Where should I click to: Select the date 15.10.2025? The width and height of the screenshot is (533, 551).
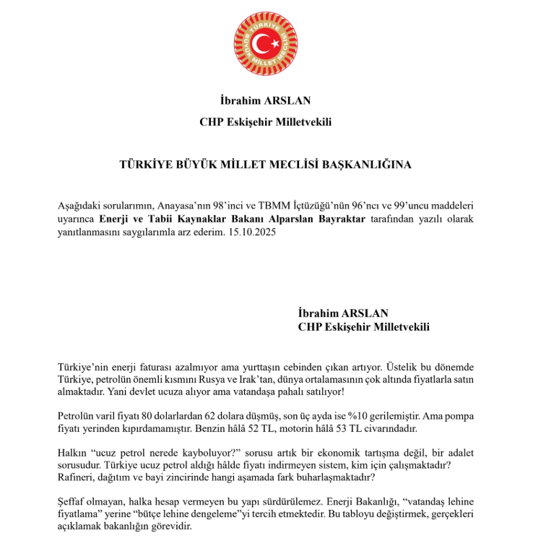pyautogui.click(x=253, y=233)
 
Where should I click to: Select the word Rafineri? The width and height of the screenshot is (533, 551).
pyautogui.click(x=76, y=478)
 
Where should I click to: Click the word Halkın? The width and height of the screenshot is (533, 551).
pyautogui.click(x=72, y=453)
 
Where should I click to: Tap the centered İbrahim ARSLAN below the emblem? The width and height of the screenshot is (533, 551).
pyautogui.click(x=265, y=100)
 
